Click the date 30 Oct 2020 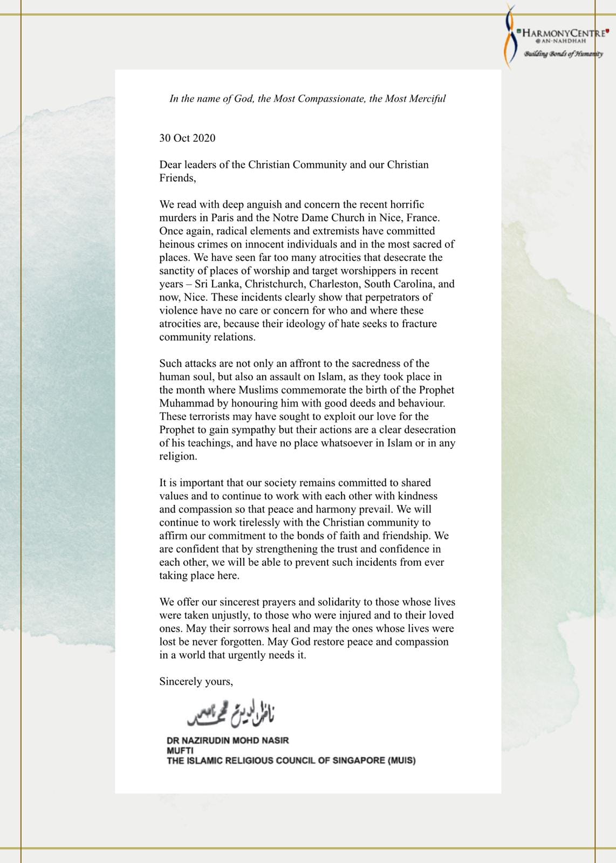click(187, 138)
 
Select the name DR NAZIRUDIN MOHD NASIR click(228, 741)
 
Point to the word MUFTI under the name click(180, 750)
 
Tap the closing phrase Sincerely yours click(196, 682)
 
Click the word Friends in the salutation click(176, 178)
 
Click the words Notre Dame click(301, 218)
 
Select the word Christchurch click(276, 284)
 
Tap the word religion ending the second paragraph click(177, 456)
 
